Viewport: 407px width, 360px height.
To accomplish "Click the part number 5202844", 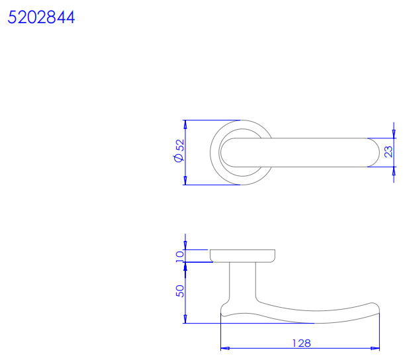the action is pyautogui.click(x=41, y=17).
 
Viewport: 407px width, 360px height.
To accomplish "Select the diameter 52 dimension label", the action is pyautogui.click(x=179, y=151).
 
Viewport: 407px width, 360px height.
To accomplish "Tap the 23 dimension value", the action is pyautogui.click(x=388, y=152).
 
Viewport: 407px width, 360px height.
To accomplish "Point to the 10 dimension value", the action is pyautogui.click(x=179, y=257).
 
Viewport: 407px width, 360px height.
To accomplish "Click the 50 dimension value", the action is pyautogui.click(x=179, y=291).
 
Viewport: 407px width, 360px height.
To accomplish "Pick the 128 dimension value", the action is pyautogui.click(x=301, y=343).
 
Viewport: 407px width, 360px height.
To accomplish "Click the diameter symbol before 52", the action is pyautogui.click(x=179, y=158).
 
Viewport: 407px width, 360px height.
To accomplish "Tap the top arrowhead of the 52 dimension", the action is pyautogui.click(x=185, y=124).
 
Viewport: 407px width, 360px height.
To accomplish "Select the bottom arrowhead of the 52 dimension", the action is pyautogui.click(x=185, y=181).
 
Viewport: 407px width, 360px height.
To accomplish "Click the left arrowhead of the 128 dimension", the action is pyautogui.click(x=225, y=348).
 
